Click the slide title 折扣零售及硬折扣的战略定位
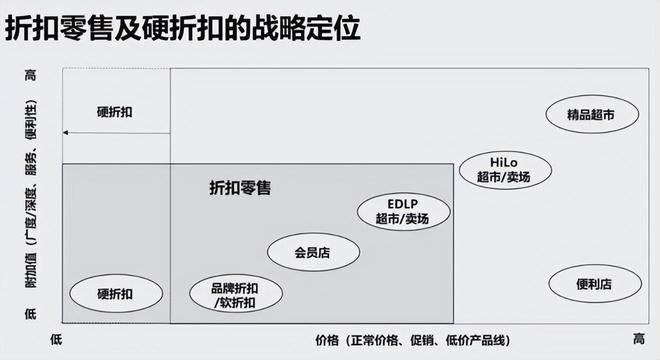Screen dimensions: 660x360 click(x=183, y=28)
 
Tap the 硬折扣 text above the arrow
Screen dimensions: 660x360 click(x=114, y=112)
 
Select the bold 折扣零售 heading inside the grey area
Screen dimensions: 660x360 click(x=240, y=187)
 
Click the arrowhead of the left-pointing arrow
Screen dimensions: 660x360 click(x=65, y=133)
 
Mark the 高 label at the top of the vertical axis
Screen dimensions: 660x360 click(x=31, y=75)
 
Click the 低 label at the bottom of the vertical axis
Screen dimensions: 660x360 click(x=31, y=313)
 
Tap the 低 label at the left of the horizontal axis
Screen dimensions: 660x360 click(x=56, y=339)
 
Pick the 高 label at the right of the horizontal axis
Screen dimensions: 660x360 click(x=639, y=339)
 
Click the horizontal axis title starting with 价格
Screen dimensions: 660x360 click(x=413, y=340)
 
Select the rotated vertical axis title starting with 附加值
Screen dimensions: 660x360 click(x=31, y=194)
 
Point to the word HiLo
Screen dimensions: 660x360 click(x=504, y=163)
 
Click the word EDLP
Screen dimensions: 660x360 click(x=403, y=204)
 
